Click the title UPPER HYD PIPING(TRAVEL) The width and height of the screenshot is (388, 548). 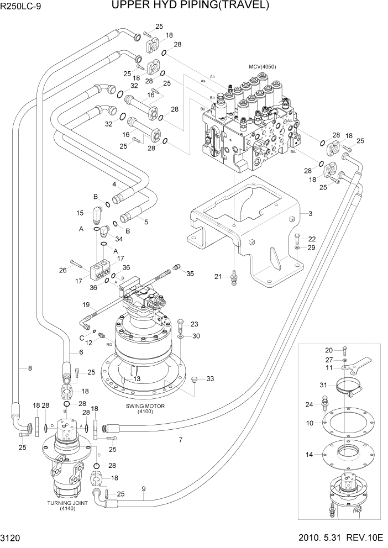pyautogui.click(x=190, y=6)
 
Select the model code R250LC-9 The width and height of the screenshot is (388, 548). pyautogui.click(x=22, y=7)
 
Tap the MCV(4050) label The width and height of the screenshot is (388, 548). pyautogui.click(x=262, y=67)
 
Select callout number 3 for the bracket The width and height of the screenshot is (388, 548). pyautogui.click(x=310, y=213)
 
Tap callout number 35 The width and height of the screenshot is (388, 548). pyautogui.click(x=190, y=273)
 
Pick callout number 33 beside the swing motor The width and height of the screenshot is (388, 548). pyautogui.click(x=209, y=378)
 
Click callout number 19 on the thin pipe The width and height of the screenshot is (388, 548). pyautogui.click(x=86, y=304)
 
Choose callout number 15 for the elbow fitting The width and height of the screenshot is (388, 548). pyautogui.click(x=80, y=213)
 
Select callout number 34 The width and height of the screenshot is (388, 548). pyautogui.click(x=119, y=238)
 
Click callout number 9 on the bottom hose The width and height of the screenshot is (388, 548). pyautogui.click(x=144, y=488)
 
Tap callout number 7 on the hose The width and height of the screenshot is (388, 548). pyautogui.click(x=181, y=439)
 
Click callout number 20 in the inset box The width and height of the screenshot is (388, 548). pyautogui.click(x=328, y=350)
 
